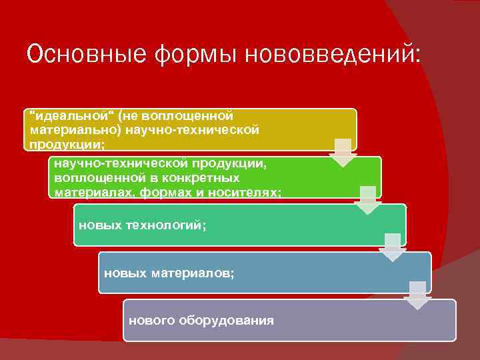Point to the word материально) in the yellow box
pos(67,129)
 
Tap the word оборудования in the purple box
pos(226,320)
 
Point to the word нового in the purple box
pos(151,320)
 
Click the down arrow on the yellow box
pos(343,153)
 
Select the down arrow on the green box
pos(367,200)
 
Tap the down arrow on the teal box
pos(393,247)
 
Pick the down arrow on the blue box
pos(417,295)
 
